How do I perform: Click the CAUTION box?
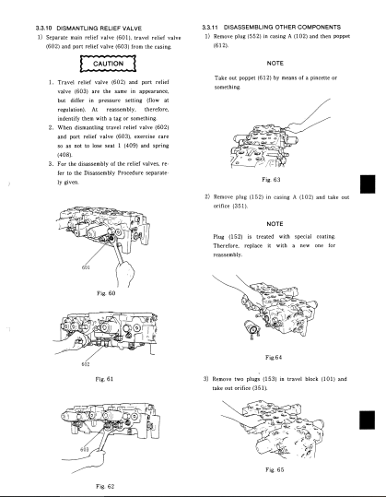pos(108,64)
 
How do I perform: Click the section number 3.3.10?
pos(44,29)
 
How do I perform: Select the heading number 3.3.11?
pos(211,28)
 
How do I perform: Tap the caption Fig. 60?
pos(106,293)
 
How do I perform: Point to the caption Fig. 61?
pos(104,379)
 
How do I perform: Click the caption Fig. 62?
pos(105,486)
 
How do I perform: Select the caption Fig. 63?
pos(272,180)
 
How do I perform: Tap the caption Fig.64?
pos(274,358)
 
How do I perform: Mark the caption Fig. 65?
pos(275,469)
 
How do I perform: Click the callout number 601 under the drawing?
pos(86,267)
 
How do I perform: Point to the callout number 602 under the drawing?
pos(86,364)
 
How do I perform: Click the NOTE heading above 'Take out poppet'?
pos(275,64)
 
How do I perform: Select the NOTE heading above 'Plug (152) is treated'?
pos(275,224)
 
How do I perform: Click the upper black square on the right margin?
pos(368,184)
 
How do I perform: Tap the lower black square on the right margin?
pos(367,420)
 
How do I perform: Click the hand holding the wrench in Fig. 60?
pos(125,274)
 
